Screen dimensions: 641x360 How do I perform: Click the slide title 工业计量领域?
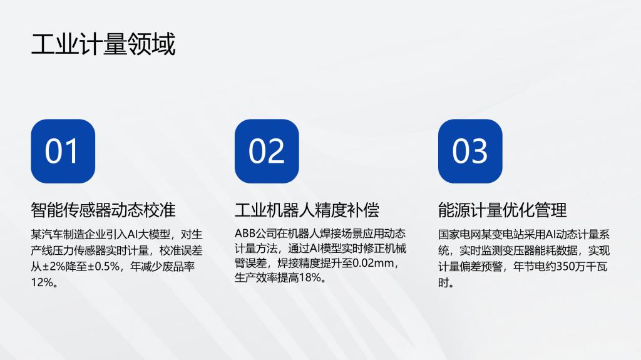[103, 44]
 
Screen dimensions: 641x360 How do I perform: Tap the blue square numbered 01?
[63, 151]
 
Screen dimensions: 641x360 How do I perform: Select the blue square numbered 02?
[267, 151]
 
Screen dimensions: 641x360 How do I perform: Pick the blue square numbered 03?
[470, 151]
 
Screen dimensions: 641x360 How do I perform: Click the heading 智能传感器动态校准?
[103, 210]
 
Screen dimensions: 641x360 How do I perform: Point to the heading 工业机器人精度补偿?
[307, 210]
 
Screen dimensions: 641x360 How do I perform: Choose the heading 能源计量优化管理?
[503, 210]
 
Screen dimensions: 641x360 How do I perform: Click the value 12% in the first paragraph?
[42, 282]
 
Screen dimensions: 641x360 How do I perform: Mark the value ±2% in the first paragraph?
[54, 267]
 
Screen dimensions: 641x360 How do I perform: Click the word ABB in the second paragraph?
[245, 234]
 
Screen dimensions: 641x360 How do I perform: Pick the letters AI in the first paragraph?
[133, 234]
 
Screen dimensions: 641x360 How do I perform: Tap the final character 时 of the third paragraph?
[444, 283]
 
